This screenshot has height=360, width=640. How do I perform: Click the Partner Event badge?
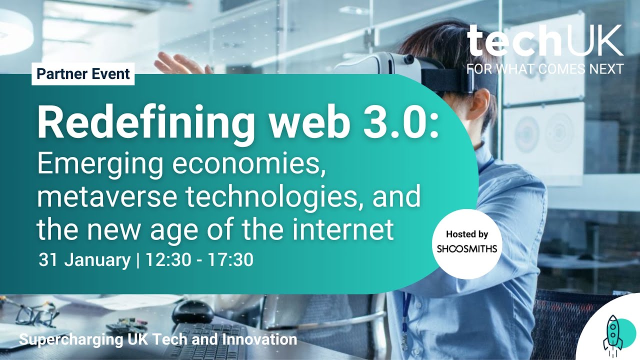tap(83, 74)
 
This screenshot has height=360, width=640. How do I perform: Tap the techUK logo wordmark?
tap(545, 42)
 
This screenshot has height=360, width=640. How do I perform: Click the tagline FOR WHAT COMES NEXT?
tap(545, 69)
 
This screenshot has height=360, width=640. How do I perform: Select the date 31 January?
tap(84, 260)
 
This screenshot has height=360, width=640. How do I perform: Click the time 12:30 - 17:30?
tap(198, 260)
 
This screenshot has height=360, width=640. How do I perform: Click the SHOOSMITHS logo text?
tap(466, 248)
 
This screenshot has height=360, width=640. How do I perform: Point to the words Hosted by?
tap(466, 234)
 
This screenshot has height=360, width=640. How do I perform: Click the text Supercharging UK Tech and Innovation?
tap(158, 340)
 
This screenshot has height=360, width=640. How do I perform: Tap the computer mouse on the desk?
tap(193, 311)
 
